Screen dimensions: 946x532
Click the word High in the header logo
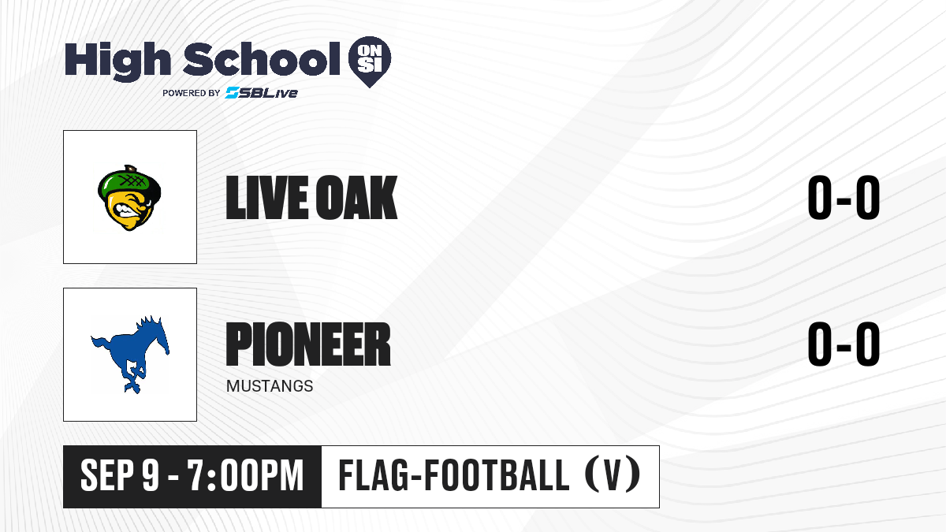click(117, 61)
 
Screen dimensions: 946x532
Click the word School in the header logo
click(262, 59)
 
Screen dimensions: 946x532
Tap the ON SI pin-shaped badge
click(370, 61)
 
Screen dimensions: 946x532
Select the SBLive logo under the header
click(262, 93)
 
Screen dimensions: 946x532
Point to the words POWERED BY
click(192, 93)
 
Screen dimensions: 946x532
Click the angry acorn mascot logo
click(129, 198)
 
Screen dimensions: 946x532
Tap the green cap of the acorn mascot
click(129, 181)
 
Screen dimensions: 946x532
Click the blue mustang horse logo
click(130, 355)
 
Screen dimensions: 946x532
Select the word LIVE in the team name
click(267, 198)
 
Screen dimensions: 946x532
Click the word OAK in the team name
click(357, 198)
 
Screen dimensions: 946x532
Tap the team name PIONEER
click(308, 344)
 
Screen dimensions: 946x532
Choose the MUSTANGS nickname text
click(270, 386)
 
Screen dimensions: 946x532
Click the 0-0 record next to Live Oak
click(844, 198)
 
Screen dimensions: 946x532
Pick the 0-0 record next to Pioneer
click(844, 344)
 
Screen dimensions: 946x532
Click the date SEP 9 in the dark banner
click(120, 476)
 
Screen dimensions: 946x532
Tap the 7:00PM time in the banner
click(246, 476)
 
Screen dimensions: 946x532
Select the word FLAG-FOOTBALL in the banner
click(454, 475)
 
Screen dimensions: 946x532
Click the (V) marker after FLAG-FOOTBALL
click(613, 475)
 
